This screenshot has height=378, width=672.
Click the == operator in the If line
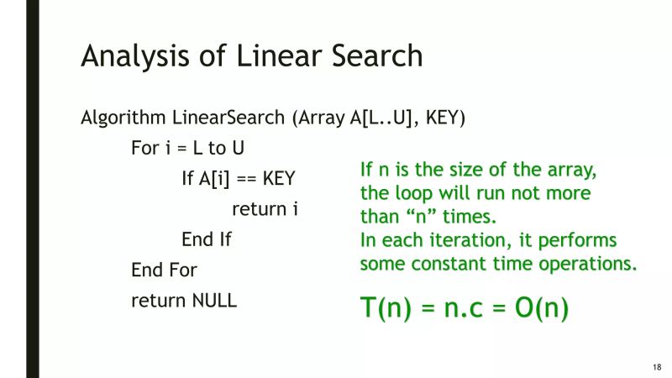click(x=244, y=179)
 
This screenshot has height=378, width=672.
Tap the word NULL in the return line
click(x=214, y=300)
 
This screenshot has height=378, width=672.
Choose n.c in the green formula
click(x=462, y=308)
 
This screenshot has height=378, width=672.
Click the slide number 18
click(x=656, y=367)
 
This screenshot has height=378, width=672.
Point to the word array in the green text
click(x=565, y=170)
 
